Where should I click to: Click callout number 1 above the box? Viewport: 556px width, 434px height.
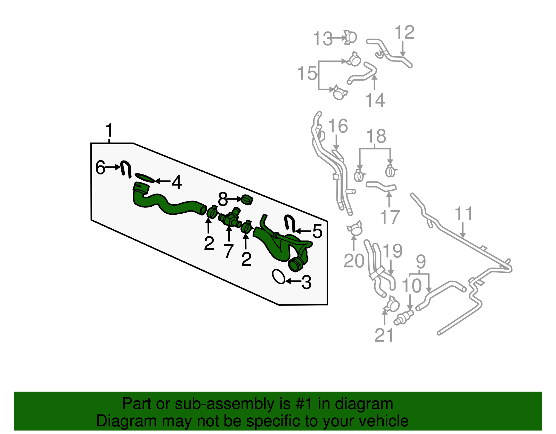[x=109, y=131]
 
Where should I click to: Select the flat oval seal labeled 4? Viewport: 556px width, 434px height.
[x=145, y=178]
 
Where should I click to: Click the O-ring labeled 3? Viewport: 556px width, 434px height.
[x=279, y=277]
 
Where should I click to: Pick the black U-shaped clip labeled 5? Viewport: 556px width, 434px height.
[x=289, y=223]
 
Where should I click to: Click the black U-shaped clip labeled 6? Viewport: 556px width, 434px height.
[x=125, y=169]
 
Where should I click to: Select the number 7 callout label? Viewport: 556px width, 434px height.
[x=228, y=251]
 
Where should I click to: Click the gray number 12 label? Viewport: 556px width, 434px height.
[x=404, y=33]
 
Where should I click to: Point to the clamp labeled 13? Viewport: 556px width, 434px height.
[x=350, y=38]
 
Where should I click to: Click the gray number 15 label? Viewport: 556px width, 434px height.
[x=307, y=73]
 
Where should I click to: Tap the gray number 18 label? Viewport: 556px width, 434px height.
[x=376, y=136]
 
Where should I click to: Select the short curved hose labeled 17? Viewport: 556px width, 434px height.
[x=381, y=186]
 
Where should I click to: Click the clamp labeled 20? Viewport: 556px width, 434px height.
[x=355, y=229]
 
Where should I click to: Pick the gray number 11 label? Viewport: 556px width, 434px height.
[x=464, y=214]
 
